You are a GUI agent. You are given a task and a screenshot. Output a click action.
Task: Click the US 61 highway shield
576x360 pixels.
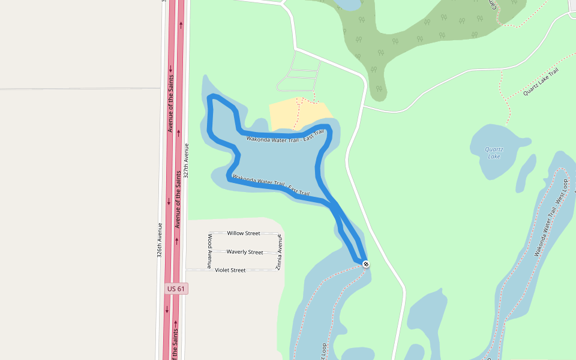point(176,289)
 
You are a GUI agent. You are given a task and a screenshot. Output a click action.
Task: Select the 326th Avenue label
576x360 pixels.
point(160,240)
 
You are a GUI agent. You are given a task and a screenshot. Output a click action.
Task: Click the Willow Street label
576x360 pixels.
point(244,233)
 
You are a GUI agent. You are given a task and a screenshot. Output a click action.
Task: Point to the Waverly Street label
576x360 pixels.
point(245,252)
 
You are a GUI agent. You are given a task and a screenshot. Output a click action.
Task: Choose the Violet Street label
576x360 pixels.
point(230,270)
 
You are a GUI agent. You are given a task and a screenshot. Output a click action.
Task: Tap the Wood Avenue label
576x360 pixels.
point(210,251)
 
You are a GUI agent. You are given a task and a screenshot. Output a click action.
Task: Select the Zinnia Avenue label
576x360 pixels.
point(279,252)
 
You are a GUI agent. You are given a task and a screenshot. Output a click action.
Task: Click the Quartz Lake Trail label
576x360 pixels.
point(541,82)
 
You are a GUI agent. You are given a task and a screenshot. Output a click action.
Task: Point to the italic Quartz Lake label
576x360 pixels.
point(494,152)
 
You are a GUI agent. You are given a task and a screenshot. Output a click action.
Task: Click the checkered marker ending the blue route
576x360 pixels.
point(365,264)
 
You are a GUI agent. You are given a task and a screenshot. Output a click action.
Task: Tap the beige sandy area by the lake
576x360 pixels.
point(294,114)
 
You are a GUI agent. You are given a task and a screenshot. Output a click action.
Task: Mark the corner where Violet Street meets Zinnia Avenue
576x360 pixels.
point(279,270)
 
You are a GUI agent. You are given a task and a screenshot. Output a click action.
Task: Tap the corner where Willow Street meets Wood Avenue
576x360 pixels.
point(210,233)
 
